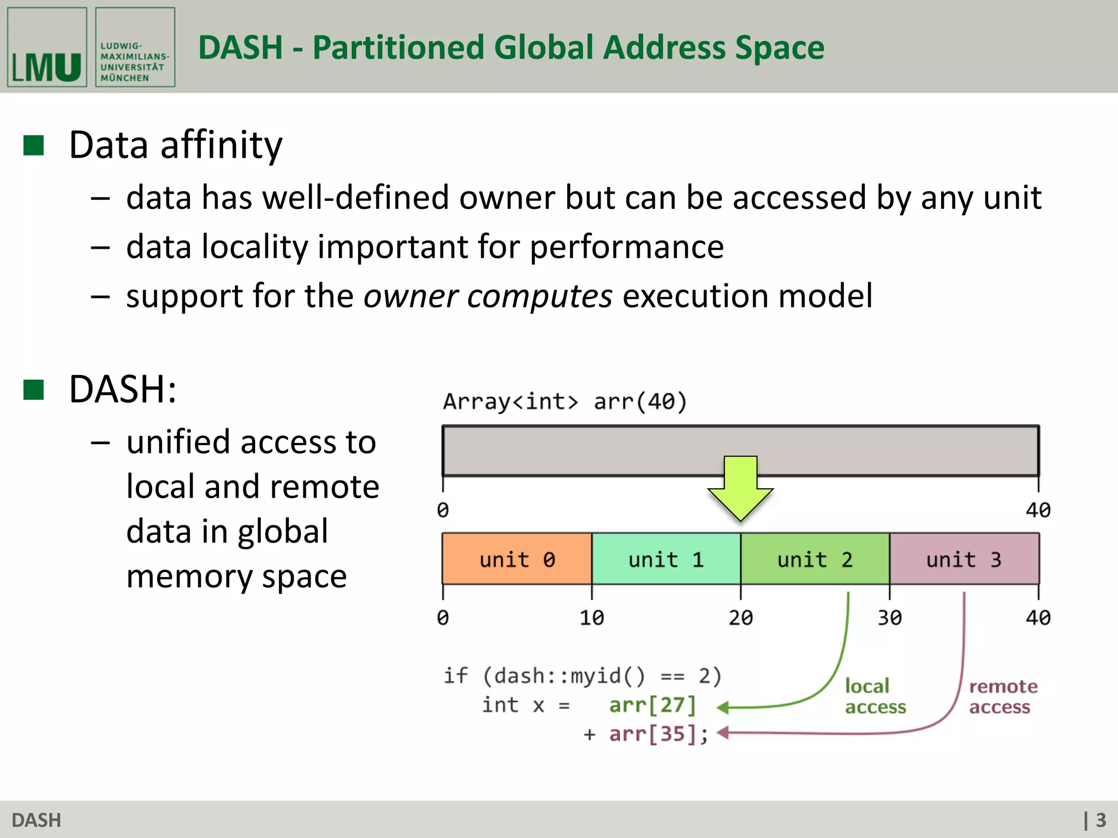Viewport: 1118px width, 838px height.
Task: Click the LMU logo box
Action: (x=47, y=47)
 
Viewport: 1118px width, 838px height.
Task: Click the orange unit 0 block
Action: (x=516, y=559)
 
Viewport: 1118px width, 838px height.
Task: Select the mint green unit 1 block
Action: (x=665, y=559)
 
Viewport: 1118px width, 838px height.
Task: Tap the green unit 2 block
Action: (x=814, y=559)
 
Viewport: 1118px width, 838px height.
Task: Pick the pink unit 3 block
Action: (x=964, y=559)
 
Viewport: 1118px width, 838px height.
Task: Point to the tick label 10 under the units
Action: (x=591, y=618)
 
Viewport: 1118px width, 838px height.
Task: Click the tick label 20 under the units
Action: (x=740, y=618)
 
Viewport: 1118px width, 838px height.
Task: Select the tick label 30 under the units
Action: (x=889, y=618)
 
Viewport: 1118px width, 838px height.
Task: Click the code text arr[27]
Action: (x=653, y=705)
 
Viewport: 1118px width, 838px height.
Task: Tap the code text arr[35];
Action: (x=658, y=734)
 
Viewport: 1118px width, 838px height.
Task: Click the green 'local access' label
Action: (x=875, y=696)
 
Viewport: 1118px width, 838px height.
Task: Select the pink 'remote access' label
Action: (x=1002, y=696)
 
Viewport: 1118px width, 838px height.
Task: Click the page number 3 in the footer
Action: (x=1101, y=820)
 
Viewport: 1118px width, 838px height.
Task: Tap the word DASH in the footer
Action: (x=36, y=820)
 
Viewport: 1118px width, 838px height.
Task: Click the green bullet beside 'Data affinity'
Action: (x=34, y=146)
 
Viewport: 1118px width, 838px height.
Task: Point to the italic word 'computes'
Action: (x=539, y=296)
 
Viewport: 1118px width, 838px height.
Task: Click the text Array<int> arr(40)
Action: (x=564, y=402)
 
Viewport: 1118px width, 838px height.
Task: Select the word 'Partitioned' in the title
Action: (x=398, y=47)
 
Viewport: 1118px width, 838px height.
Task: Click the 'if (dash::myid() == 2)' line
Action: (x=582, y=676)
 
